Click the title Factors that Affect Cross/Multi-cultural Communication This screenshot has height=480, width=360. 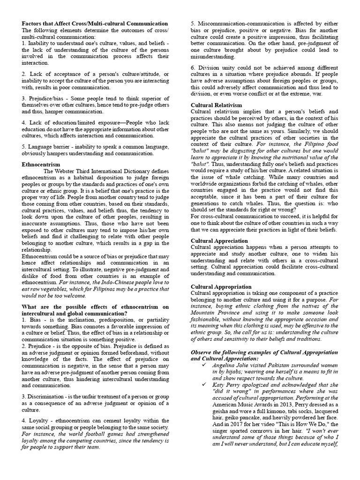(95, 23)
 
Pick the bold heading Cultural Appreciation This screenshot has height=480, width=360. (219, 240)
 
